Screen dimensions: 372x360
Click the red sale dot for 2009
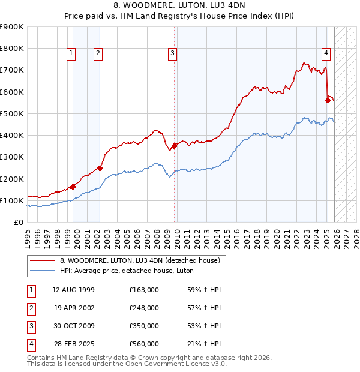(x=175, y=146)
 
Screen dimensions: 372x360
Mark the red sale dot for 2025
(x=328, y=100)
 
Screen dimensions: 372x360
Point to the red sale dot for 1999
(x=73, y=187)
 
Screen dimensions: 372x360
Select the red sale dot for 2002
(x=100, y=168)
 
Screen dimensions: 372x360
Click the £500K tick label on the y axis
(x=12, y=113)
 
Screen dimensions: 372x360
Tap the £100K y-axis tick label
(x=12, y=200)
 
